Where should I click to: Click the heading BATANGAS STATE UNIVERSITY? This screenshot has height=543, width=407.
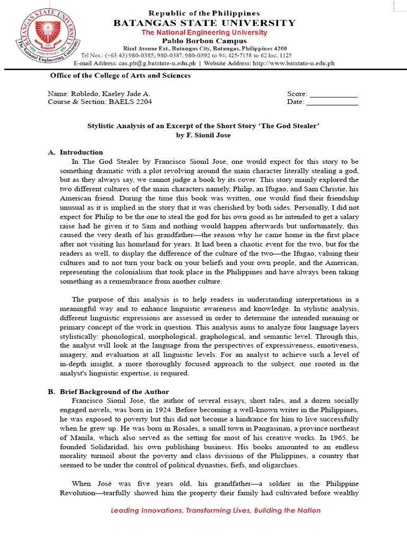click(x=204, y=23)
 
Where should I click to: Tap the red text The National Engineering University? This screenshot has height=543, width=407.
click(x=204, y=32)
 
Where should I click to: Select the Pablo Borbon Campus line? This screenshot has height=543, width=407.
click(x=204, y=41)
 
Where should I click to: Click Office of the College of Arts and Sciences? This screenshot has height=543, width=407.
click(x=120, y=75)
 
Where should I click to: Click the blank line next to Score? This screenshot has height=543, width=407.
click(x=333, y=93)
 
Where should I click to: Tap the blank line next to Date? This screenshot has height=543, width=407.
click(x=333, y=102)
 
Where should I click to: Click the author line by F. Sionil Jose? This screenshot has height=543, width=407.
click(x=203, y=135)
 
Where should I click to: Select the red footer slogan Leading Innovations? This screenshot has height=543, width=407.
click(x=215, y=510)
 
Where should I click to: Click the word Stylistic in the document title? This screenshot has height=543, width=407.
click(x=102, y=126)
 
